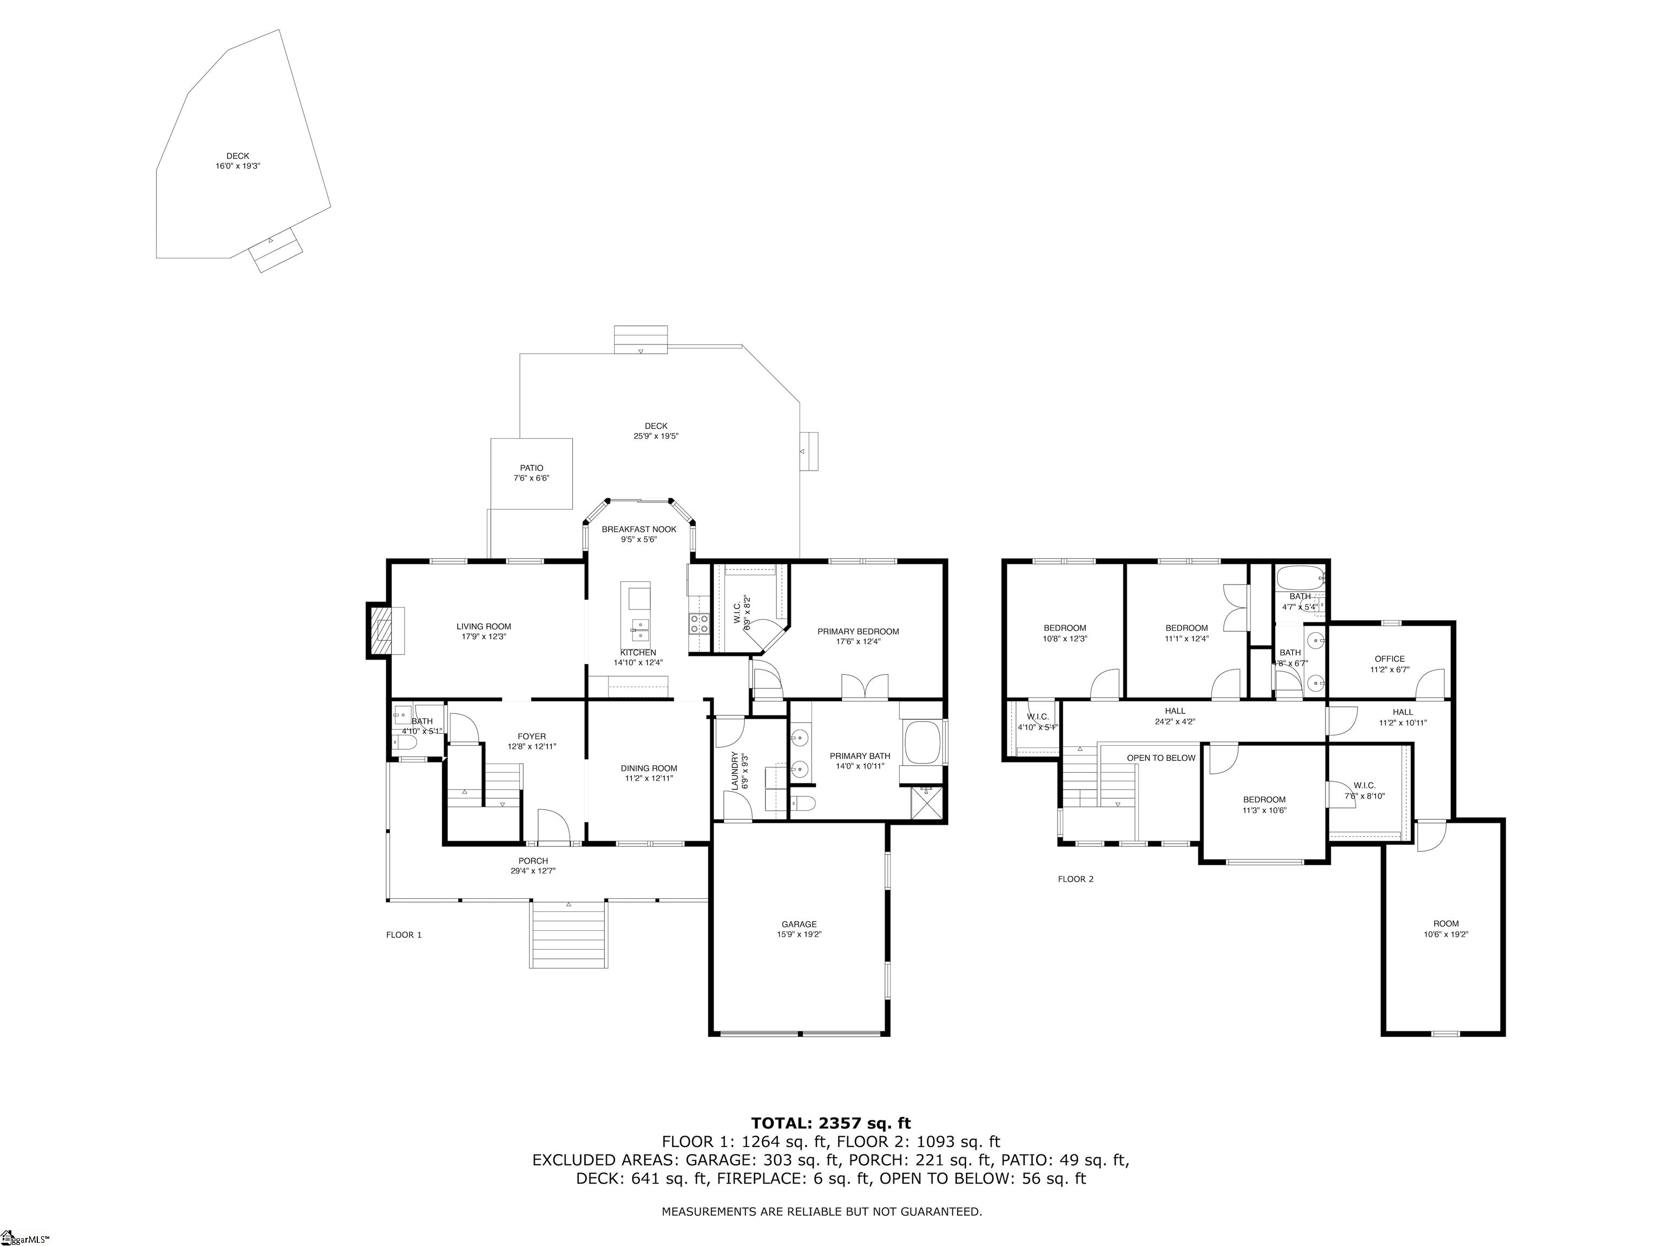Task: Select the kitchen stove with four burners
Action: pyautogui.click(x=700, y=622)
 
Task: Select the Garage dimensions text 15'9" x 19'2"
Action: pyautogui.click(x=799, y=935)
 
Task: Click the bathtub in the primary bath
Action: pyautogui.click(x=922, y=742)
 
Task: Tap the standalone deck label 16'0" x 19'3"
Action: pyautogui.click(x=238, y=166)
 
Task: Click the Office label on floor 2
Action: pyautogui.click(x=1389, y=659)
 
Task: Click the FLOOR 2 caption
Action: pyautogui.click(x=1075, y=879)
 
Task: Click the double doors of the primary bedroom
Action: pyautogui.click(x=864, y=687)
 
